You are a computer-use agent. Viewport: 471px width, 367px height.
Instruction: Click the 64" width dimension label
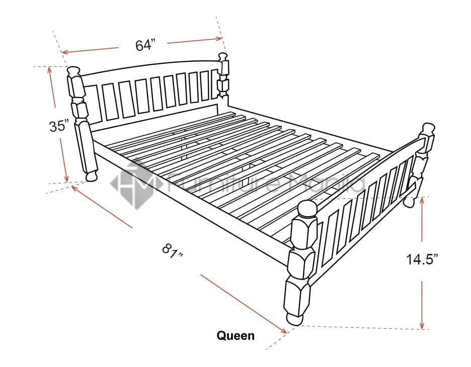(146, 45)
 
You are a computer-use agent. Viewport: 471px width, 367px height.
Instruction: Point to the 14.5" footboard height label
(422, 259)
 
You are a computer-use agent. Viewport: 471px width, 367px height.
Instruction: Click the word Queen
(235, 335)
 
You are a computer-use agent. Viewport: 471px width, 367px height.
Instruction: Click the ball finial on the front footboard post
(307, 209)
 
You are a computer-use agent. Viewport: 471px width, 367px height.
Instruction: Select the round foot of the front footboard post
(294, 319)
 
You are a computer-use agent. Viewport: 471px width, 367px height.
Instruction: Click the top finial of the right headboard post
(222, 57)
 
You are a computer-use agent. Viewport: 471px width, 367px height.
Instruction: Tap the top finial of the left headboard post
(73, 71)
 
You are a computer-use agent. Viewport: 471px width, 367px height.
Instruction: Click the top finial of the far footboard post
(429, 128)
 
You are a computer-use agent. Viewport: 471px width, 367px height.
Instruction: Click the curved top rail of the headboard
(150, 66)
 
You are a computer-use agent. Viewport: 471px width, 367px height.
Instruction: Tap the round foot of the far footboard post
(408, 202)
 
